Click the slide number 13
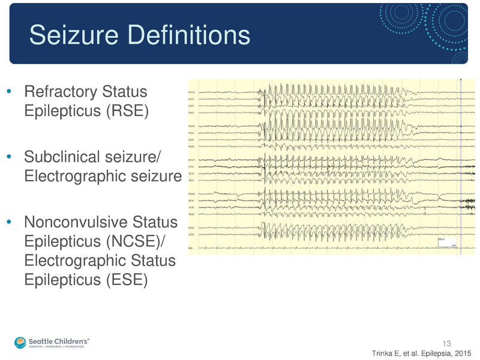[x=446, y=343]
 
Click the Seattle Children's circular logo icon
[x=21, y=341]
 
